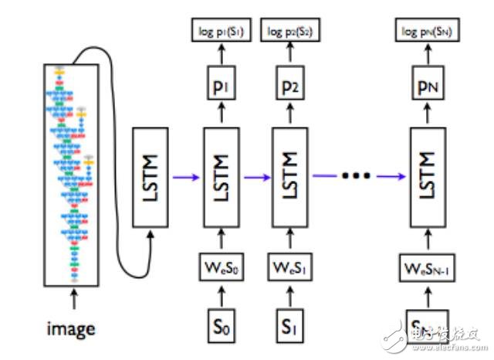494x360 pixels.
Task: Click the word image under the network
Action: (70, 329)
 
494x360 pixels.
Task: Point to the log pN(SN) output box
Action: (427, 32)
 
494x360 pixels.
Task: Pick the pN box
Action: (428, 84)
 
